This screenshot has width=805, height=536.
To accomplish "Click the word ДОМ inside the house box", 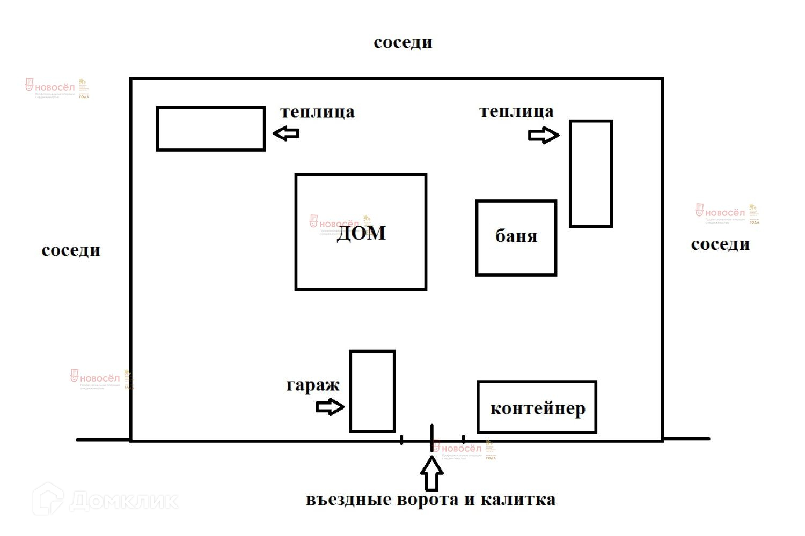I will (361, 233).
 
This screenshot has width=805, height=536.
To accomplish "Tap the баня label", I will (516, 236).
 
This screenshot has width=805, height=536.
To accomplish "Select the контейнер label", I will (537, 408).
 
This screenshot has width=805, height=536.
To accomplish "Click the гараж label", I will (313, 385).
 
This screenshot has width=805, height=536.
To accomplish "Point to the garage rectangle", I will (372, 391).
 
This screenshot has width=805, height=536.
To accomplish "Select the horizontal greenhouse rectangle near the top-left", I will (211, 129).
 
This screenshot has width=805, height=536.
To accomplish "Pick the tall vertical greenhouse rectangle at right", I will (591, 174).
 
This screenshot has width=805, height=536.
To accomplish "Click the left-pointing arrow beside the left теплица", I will (286, 133).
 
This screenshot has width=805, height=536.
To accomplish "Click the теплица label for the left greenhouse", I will (317, 112).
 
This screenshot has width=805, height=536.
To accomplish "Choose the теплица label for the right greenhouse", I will (516, 111).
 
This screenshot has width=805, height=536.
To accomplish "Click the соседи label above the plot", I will (402, 42).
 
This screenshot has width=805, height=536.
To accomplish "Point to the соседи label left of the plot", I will (71, 250).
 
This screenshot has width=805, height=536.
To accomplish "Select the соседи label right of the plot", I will (720, 244).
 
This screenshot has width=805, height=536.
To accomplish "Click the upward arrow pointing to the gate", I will (431, 474).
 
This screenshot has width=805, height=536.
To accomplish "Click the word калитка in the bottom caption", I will (518, 500).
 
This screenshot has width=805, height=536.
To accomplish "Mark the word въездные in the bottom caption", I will (348, 500).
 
